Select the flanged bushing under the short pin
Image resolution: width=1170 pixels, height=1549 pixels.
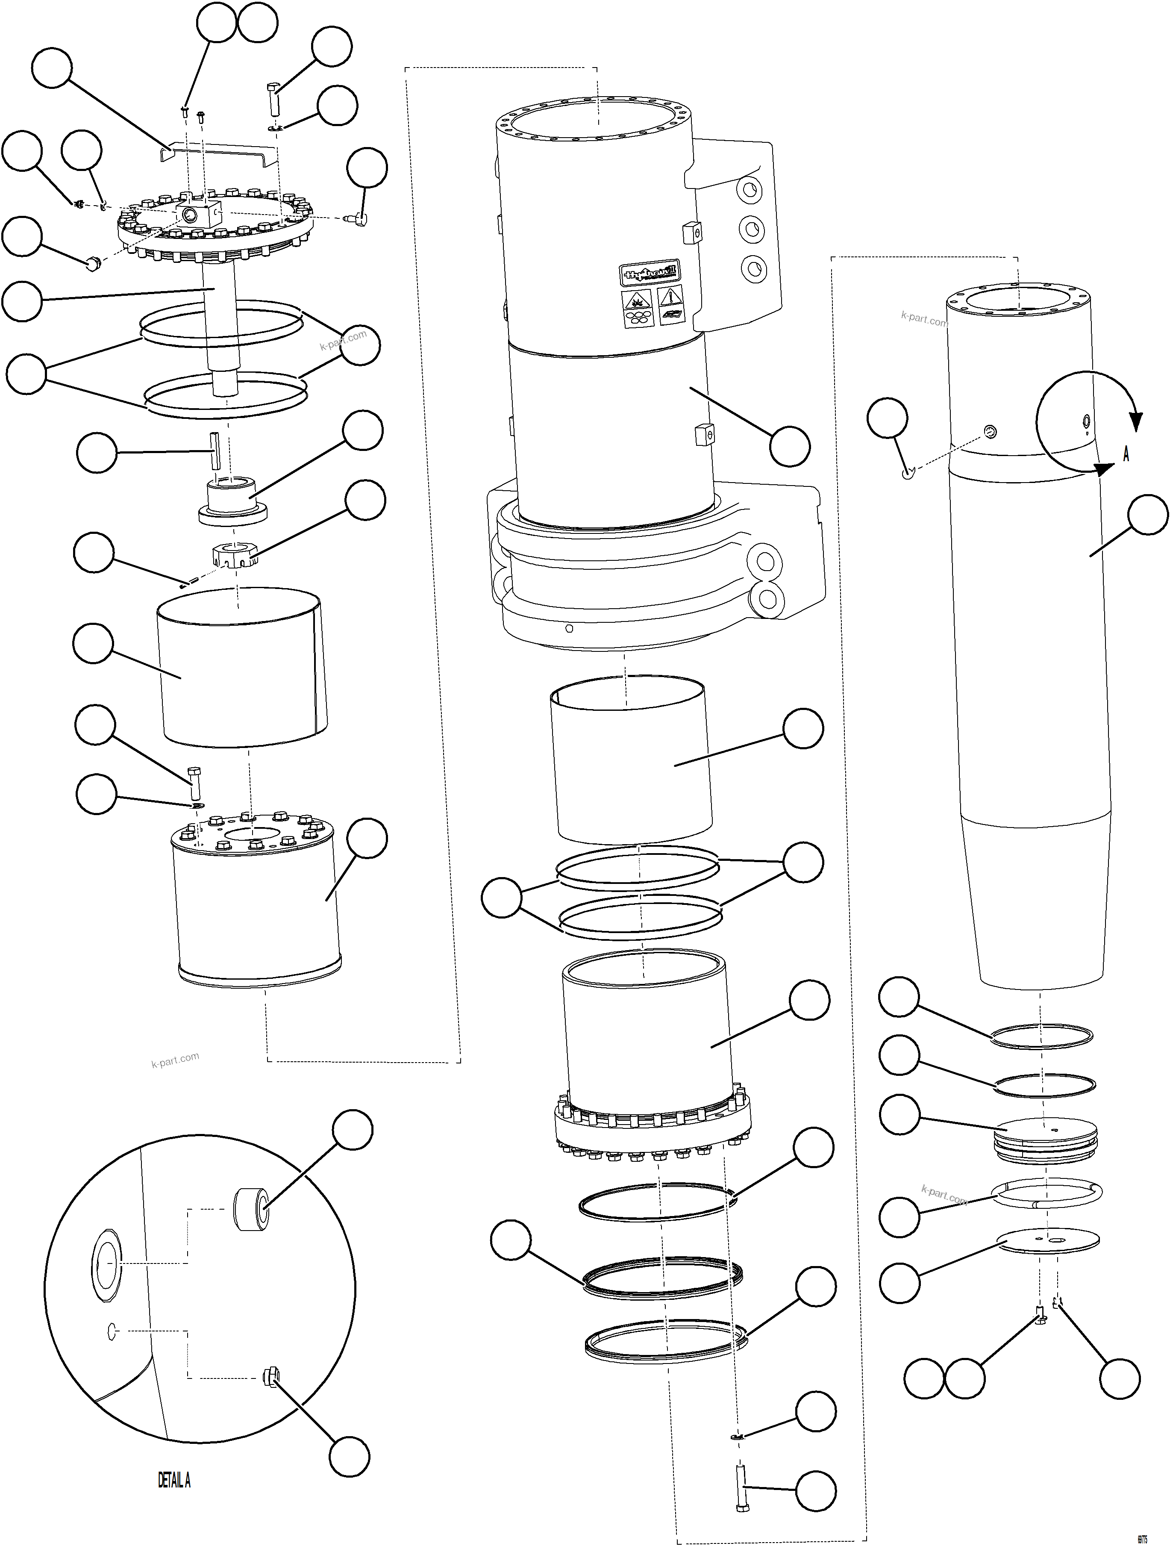232,498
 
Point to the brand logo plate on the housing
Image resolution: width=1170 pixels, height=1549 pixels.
650,272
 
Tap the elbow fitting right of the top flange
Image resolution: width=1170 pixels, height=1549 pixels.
359,219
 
